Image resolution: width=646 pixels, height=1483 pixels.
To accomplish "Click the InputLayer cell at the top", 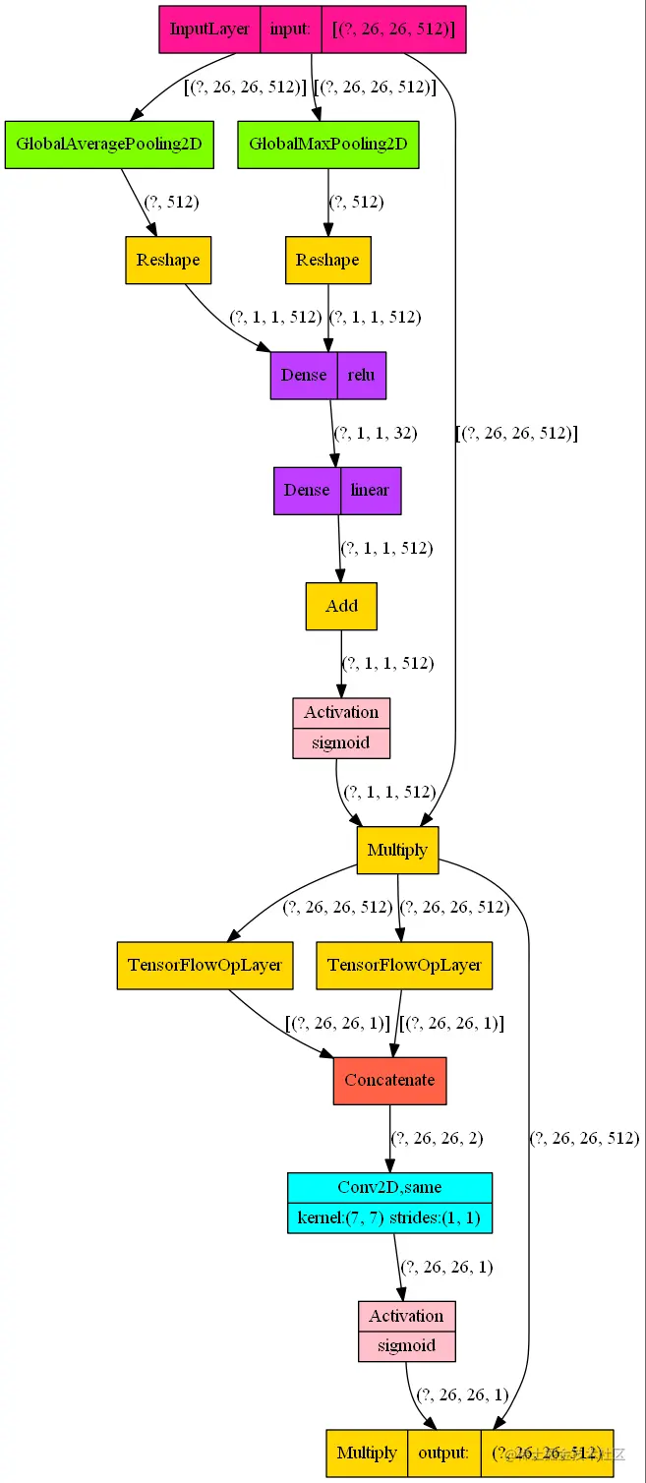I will [209, 29].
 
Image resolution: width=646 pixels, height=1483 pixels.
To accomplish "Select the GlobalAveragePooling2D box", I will [108, 144].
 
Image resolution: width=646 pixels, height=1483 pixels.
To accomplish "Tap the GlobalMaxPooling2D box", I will [327, 144].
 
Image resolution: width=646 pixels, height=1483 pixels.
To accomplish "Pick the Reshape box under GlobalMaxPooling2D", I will [327, 260].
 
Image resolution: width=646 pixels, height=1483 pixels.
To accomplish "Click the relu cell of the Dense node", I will [361, 375].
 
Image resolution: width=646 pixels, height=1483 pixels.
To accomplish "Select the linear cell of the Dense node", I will [370, 490].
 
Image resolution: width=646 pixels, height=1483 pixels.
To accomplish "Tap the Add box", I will [341, 606].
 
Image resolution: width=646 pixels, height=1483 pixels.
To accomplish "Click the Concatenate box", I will [389, 1080].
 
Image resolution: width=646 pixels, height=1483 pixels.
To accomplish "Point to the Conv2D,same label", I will [389, 1188].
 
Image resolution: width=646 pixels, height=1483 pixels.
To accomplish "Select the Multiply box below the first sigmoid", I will [397, 850].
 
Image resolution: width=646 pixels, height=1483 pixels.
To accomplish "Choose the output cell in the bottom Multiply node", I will [444, 1453].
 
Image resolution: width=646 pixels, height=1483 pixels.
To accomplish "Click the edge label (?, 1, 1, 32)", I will [376, 433].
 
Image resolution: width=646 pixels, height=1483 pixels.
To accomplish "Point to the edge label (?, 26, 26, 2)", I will [437, 1139].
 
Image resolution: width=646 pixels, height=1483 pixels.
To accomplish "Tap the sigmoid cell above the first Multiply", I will [341, 742].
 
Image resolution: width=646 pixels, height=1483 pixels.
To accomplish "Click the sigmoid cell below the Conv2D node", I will [406, 1345].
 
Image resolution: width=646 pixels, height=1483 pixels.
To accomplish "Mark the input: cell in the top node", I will [290, 29].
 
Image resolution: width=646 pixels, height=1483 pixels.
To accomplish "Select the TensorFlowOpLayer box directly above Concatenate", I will [404, 965].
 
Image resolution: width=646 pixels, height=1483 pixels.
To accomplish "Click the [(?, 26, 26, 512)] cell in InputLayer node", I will [392, 29].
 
